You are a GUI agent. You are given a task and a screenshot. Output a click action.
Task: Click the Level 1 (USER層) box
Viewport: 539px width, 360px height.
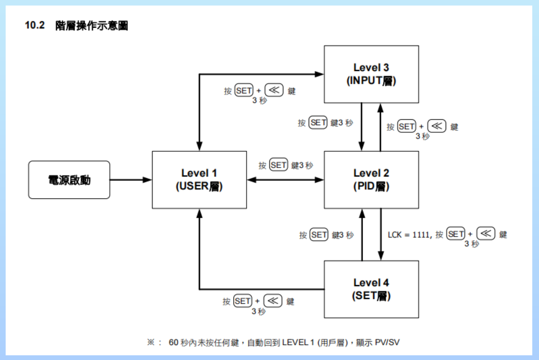coord(199,180)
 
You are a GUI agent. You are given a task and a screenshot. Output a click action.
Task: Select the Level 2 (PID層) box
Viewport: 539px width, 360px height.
coord(371,180)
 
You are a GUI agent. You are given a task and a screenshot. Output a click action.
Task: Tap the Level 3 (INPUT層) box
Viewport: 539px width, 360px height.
coord(371,74)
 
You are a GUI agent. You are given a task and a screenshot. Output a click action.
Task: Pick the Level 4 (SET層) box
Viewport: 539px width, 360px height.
coord(371,289)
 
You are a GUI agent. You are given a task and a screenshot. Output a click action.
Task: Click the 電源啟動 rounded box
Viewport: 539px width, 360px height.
coord(69,180)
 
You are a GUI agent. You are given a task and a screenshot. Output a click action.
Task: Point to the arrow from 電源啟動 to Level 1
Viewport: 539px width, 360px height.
coord(131,180)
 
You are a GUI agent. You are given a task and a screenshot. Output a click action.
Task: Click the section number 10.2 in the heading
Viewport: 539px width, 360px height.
coord(34,25)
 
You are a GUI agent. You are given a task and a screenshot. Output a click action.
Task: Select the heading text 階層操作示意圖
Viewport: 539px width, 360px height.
coord(92,26)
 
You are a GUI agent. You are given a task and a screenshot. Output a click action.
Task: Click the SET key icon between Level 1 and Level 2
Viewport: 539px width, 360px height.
coord(278,165)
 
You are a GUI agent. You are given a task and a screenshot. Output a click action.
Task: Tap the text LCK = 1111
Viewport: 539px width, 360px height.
coord(409,235)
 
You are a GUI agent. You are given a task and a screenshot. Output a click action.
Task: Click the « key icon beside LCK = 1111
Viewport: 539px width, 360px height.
coord(486,233)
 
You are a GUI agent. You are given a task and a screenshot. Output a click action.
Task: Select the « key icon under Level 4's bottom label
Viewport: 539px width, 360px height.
coord(273,301)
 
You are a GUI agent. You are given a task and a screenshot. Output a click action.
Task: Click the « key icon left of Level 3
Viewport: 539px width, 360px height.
coord(274,90)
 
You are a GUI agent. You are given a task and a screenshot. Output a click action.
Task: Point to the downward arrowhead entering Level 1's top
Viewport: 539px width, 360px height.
coord(199,146)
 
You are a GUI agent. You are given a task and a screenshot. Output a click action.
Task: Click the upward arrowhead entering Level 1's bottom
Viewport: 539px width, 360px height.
coord(199,214)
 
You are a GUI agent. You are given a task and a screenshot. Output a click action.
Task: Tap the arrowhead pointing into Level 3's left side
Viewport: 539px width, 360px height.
coord(319,74)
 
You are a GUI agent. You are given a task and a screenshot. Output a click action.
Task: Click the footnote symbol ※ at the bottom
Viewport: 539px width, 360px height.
coord(151,342)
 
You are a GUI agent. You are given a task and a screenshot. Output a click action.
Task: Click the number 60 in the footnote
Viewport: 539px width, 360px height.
coord(173,342)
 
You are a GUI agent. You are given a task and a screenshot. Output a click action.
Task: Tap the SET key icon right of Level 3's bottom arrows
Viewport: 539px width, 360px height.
coord(406,126)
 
